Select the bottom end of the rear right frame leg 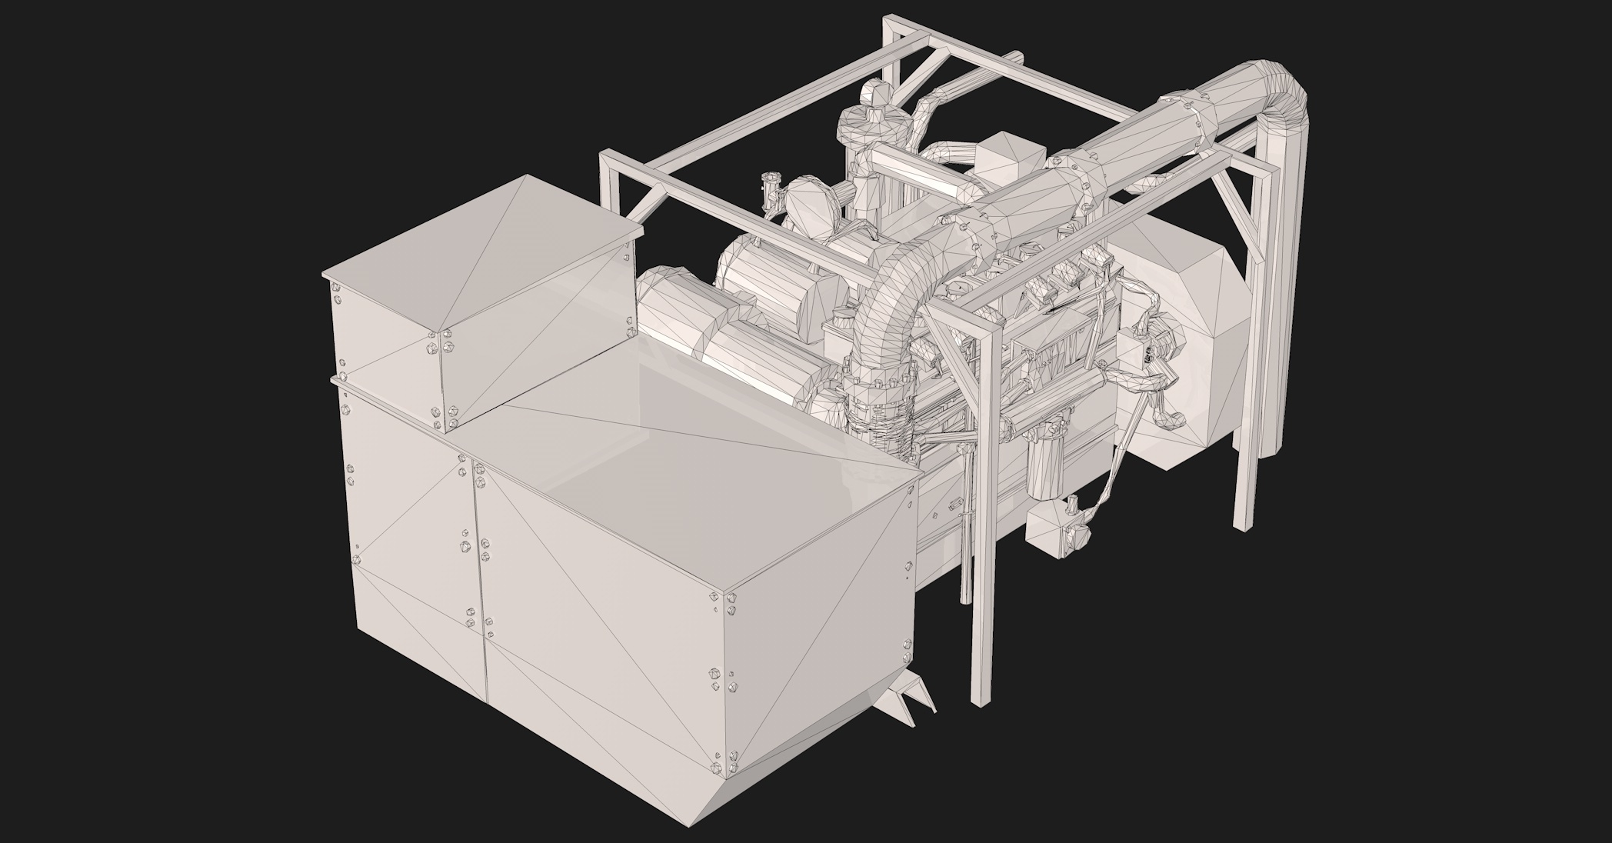[x=1240, y=523]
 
